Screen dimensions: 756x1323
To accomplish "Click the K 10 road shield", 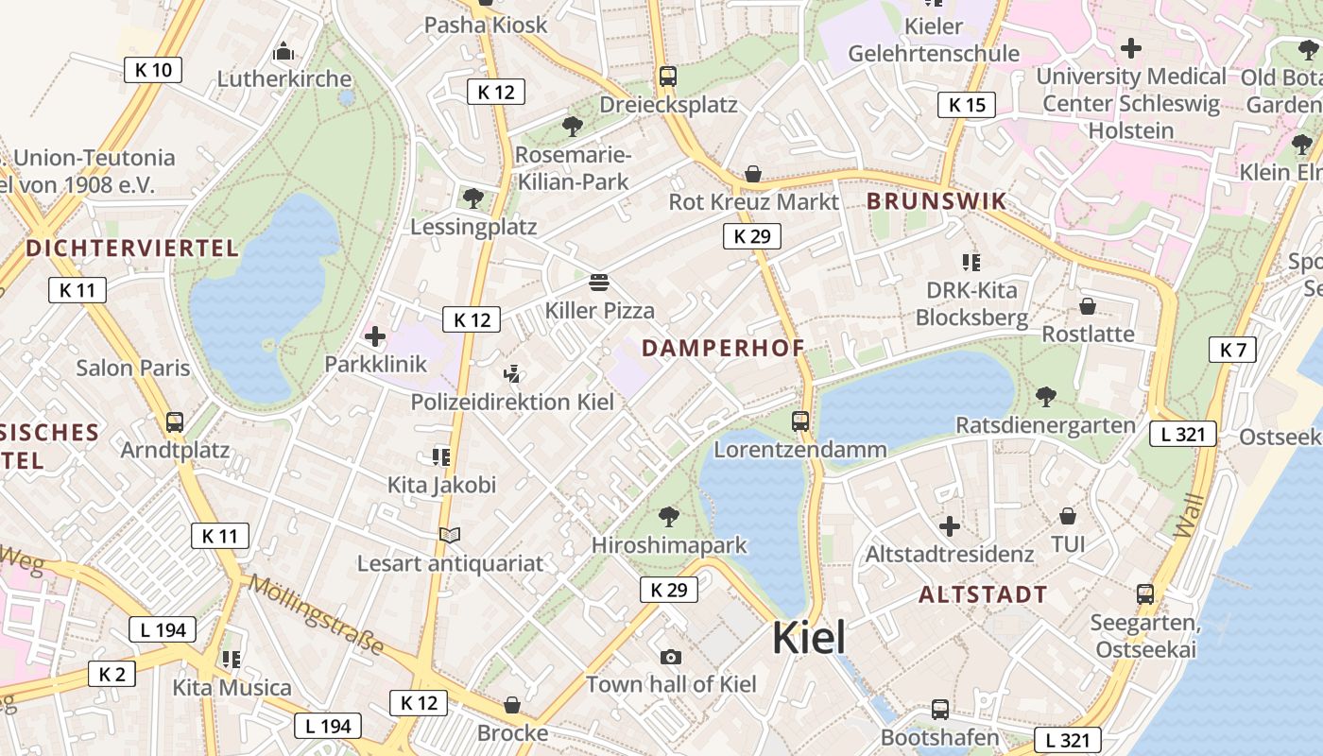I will click(x=153, y=69).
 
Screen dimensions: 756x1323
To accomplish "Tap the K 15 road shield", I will click(x=967, y=105).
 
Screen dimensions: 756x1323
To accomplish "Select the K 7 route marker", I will click(x=1233, y=350).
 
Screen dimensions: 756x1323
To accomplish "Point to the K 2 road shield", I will click(x=112, y=674).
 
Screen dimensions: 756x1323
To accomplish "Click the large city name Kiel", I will click(x=809, y=639).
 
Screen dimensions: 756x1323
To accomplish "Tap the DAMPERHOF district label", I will click(x=723, y=348).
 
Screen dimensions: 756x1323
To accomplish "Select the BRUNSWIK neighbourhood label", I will click(x=936, y=201).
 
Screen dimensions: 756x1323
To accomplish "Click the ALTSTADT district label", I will click(x=983, y=594).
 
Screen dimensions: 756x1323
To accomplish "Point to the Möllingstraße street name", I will click(x=316, y=614).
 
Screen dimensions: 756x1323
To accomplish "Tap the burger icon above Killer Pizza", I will click(x=598, y=282).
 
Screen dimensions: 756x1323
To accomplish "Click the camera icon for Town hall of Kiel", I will click(x=671, y=657).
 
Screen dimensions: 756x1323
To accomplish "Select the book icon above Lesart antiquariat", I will click(x=450, y=536).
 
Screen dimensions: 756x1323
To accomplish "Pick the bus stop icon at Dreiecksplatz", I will click(x=668, y=77).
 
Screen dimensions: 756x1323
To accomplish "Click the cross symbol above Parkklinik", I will click(x=375, y=335).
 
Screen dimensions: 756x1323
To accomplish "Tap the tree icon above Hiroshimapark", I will click(x=669, y=517).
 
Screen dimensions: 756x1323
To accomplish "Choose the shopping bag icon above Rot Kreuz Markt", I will click(x=753, y=174).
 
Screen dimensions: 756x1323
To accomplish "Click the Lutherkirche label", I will click(x=284, y=78).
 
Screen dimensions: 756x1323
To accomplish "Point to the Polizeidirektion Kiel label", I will click(x=512, y=402).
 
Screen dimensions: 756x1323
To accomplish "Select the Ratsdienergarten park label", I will click(x=1045, y=425).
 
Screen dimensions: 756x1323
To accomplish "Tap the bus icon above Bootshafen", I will click(x=940, y=710).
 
